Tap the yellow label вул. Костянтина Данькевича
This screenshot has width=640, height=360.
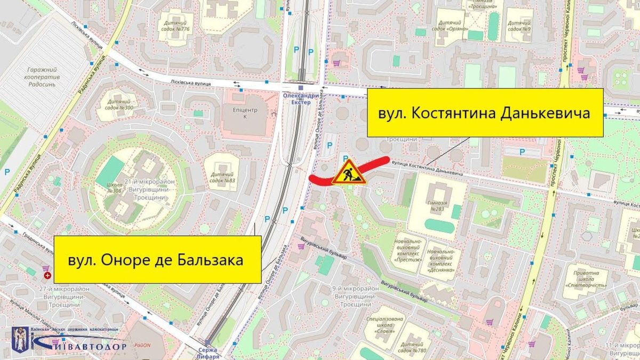click(x=485, y=113)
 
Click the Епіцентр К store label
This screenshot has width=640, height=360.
click(x=246, y=114)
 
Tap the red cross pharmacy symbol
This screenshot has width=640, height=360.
click(x=47, y=275)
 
